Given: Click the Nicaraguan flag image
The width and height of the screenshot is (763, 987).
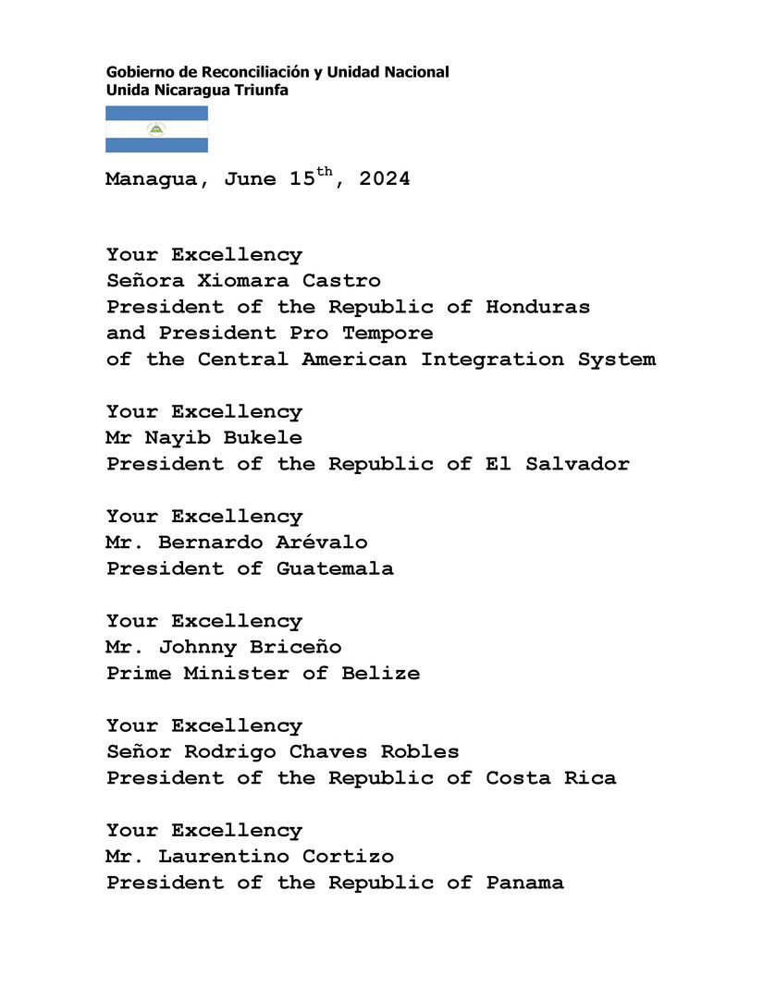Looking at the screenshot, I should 156,129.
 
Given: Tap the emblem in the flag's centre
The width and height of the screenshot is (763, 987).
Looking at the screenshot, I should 156,129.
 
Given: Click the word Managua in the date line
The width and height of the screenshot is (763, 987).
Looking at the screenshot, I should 151,179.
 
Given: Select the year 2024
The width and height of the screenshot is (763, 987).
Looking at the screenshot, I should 385,179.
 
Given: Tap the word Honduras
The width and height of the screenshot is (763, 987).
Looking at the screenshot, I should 537,307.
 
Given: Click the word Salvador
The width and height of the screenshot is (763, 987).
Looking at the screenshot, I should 577,464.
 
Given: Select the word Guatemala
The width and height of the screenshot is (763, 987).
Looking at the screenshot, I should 335,568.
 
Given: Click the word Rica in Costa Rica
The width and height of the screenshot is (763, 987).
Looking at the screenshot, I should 590,778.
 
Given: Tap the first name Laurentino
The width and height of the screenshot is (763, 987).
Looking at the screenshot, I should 217,856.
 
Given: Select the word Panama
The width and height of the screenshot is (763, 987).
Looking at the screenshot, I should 524,883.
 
